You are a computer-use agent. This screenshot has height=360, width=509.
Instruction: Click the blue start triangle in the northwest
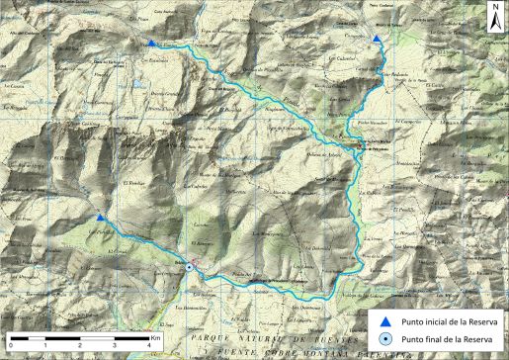click(149, 43)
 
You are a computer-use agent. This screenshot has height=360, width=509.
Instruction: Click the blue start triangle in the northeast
click(379, 39)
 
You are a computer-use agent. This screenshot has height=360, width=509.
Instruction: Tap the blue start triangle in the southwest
click(101, 217)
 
